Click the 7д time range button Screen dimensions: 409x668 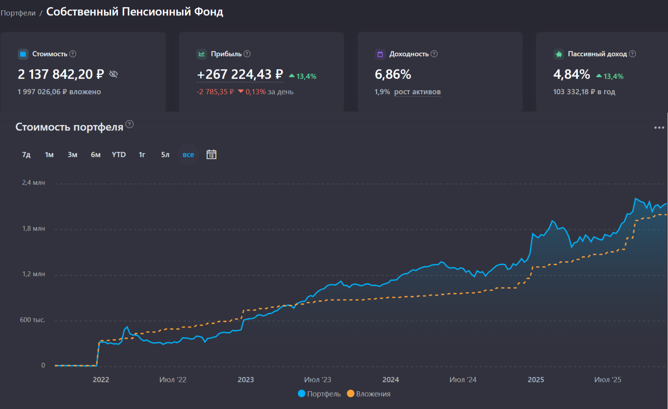26,155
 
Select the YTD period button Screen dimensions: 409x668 119,155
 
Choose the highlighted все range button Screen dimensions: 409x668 188,155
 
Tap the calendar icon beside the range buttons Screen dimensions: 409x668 211,155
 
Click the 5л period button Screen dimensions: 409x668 165,155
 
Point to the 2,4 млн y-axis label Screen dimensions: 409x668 34,183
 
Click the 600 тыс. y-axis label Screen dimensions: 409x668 32,320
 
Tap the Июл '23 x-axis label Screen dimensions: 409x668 317,380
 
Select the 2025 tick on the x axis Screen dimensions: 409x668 536,380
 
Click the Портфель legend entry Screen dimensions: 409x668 319,394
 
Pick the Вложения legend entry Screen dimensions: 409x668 369,394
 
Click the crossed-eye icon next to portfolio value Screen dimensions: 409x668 113,74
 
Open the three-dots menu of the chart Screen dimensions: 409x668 659,127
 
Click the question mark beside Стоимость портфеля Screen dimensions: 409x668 130,124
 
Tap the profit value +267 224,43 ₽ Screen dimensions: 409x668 240,74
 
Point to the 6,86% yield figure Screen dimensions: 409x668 393,74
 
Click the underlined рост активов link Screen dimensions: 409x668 417,92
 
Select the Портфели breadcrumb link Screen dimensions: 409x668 18,13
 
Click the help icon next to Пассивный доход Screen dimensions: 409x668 632,54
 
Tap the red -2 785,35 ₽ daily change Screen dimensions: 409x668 215,92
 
